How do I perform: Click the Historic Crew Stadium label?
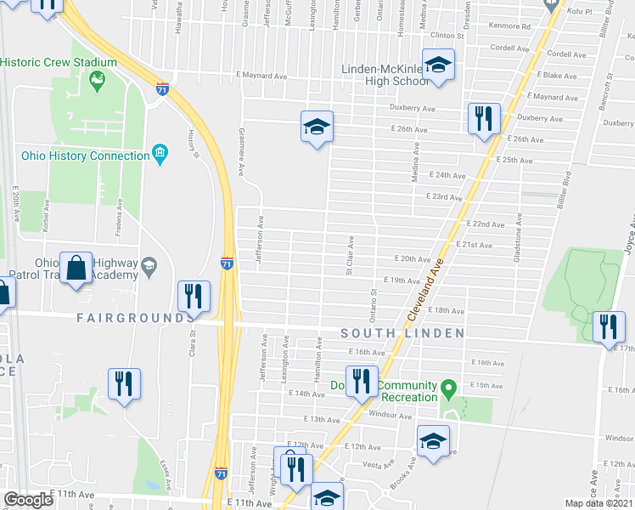tap(59, 63)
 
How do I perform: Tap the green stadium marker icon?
tap(97, 82)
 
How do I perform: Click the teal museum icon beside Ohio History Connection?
tap(159, 154)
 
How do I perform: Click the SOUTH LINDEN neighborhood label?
tap(402, 332)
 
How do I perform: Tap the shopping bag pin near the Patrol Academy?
tap(76, 268)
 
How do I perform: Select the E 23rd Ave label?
tap(445, 196)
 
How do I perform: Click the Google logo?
tap(28, 500)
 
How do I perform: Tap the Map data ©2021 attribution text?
tap(599, 503)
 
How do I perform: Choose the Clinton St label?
tap(448, 37)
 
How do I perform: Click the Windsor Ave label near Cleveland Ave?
tap(391, 415)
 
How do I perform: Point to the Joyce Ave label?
tap(628, 240)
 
